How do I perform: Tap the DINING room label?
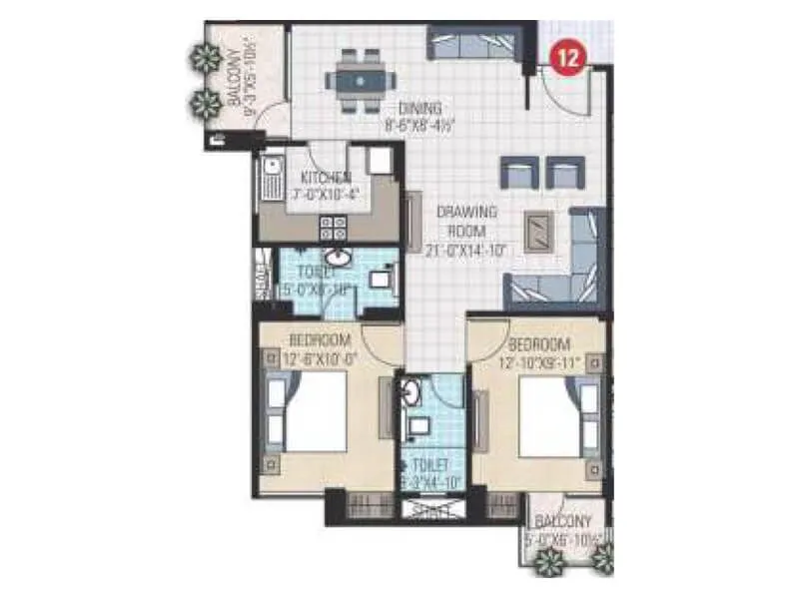[418, 108]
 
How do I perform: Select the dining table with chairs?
[359, 76]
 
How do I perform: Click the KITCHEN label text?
[327, 177]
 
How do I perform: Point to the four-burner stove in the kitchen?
[333, 226]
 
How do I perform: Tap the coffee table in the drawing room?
[540, 232]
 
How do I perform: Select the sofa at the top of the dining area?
[471, 42]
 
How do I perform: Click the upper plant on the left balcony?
[207, 59]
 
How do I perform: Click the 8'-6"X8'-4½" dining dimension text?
[420, 126]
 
